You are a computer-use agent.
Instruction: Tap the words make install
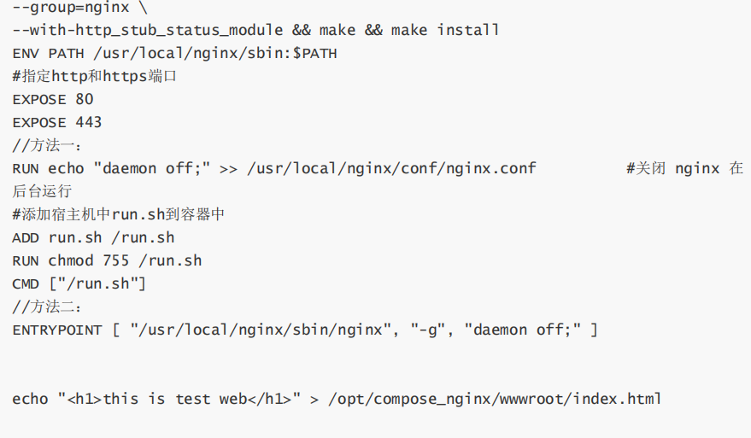[x=445, y=31]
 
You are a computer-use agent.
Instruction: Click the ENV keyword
[x=26, y=54]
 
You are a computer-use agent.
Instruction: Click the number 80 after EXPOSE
[x=85, y=100]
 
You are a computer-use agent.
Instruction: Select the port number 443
[x=89, y=123]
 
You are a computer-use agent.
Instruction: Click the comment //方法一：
[x=47, y=146]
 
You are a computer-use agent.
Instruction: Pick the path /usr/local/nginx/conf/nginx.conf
[x=391, y=169]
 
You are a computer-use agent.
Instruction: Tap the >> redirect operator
[x=228, y=169]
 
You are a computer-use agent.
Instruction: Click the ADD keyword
[x=26, y=238]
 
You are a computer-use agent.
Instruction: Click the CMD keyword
[x=26, y=284]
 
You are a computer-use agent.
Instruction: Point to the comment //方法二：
[x=47, y=307]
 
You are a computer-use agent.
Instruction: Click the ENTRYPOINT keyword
[x=57, y=330]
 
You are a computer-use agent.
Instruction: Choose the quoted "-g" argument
[x=427, y=330]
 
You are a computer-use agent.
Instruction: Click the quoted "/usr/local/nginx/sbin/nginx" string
[x=261, y=330]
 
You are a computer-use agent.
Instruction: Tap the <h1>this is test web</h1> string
[x=179, y=400]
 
